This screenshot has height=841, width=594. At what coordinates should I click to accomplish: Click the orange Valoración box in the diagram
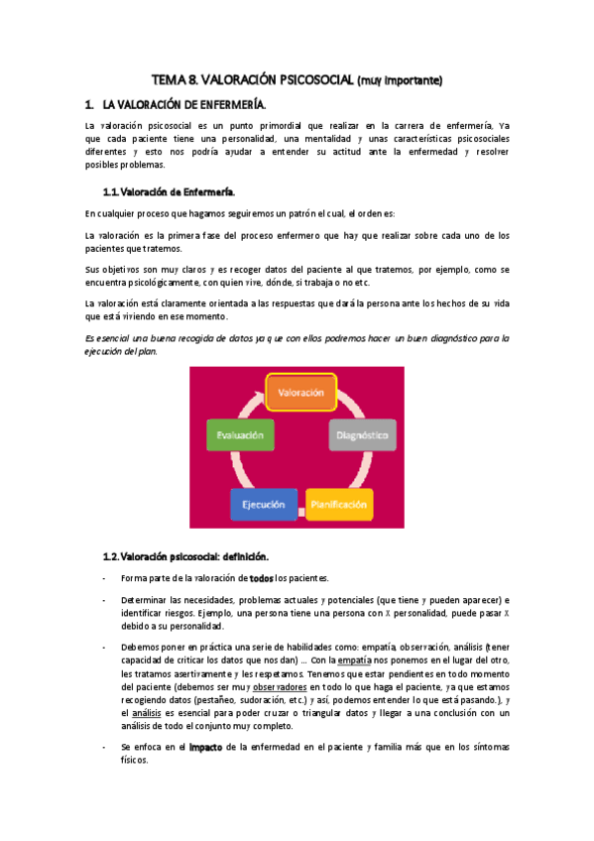pyautogui.click(x=302, y=393)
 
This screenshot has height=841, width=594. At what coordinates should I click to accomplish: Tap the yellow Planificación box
pyautogui.click(x=339, y=505)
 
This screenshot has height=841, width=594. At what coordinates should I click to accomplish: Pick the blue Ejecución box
pyautogui.click(x=264, y=505)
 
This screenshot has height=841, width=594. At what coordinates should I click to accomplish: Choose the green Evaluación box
pyautogui.click(x=240, y=434)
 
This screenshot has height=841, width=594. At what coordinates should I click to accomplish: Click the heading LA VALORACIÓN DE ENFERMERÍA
pyautogui.click(x=185, y=104)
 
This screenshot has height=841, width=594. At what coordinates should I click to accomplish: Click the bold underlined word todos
pyautogui.click(x=261, y=578)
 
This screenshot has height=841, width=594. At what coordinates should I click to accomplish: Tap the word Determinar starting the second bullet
pyautogui.click(x=145, y=600)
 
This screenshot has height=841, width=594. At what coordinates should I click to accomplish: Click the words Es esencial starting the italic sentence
pyautogui.click(x=109, y=338)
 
